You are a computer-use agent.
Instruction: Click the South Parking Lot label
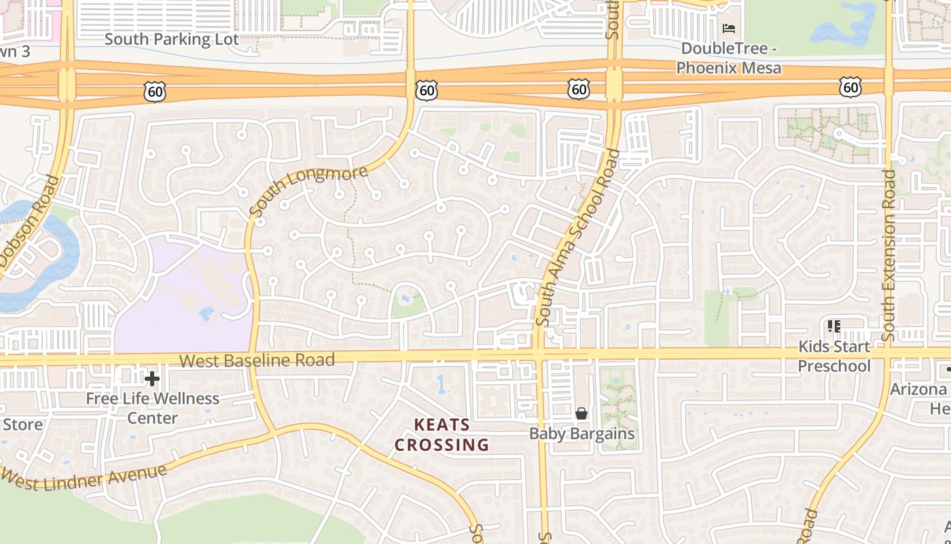[x=171, y=39]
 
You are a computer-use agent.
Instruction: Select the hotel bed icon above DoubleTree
[x=729, y=29]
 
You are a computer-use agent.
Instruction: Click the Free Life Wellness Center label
[x=152, y=408]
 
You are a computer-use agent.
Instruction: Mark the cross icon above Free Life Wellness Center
[x=152, y=378]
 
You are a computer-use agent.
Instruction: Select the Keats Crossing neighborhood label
[x=442, y=435]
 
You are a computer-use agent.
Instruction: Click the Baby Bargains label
[x=581, y=434]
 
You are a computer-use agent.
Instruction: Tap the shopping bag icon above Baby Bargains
[x=581, y=413]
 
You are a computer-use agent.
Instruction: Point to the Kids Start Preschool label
[x=833, y=356]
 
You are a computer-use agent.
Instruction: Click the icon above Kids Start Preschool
[x=833, y=326]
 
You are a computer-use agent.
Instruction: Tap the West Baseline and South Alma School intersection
[x=539, y=354]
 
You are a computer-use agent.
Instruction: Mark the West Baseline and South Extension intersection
[x=889, y=354]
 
